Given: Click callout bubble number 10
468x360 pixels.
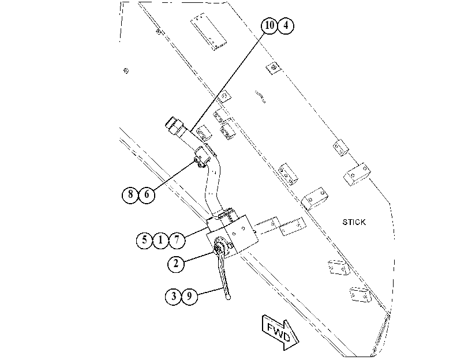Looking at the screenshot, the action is tap(269, 25).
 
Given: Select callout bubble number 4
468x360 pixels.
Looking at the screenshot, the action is tap(286, 25).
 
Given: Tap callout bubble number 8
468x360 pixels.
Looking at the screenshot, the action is tap(130, 195).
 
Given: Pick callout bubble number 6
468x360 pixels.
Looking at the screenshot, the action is tap(147, 195).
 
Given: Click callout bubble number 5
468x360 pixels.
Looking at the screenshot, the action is tap(144, 240).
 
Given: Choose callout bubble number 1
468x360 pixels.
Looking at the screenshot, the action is tap(160, 240).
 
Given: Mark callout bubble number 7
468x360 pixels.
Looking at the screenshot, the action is tap(177, 240).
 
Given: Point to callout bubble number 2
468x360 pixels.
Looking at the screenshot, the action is tap(176, 264).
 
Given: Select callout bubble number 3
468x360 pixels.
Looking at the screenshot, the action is tap(174, 297).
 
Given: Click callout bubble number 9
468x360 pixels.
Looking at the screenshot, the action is tap(189, 297).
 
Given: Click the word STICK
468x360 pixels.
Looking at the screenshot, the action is tap(354, 222).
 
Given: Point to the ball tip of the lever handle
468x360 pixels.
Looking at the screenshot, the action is tap(229, 297).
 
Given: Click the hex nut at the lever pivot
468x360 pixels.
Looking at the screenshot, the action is tap(217, 248).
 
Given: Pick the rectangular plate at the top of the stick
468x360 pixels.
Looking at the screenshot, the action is tap(208, 31).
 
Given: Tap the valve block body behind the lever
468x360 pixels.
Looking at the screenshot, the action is tap(233, 235).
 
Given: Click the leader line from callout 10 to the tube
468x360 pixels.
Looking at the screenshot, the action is tap(227, 82).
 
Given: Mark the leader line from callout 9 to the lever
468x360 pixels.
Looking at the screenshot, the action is tap(211, 291).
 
